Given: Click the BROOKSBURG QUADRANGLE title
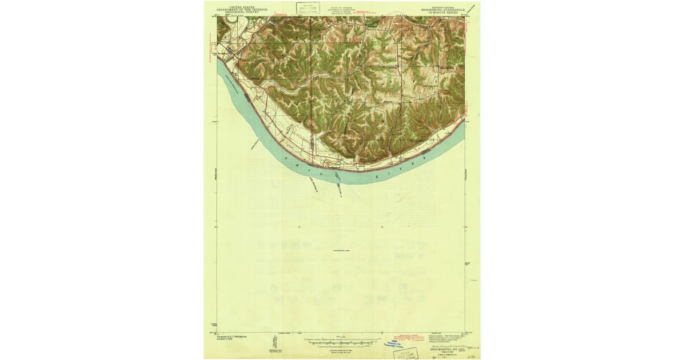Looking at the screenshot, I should tap(448, 8).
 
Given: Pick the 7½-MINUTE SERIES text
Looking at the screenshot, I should tap(448, 11).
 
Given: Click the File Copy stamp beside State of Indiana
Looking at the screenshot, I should tap(308, 7).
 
